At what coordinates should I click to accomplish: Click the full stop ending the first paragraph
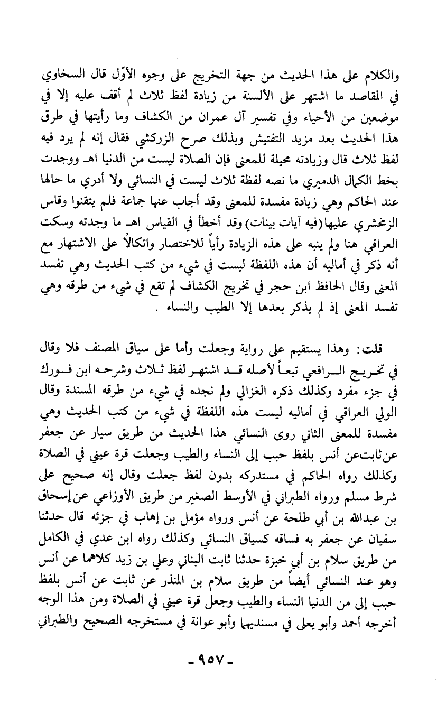212,309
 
